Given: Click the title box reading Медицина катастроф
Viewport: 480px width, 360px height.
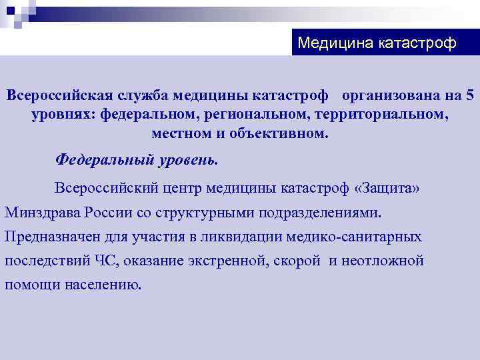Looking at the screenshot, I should pos(377,43).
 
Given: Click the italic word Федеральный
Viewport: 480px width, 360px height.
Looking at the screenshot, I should pos(97,160).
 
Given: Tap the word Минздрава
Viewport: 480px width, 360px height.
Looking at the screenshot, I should pos(43,213).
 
